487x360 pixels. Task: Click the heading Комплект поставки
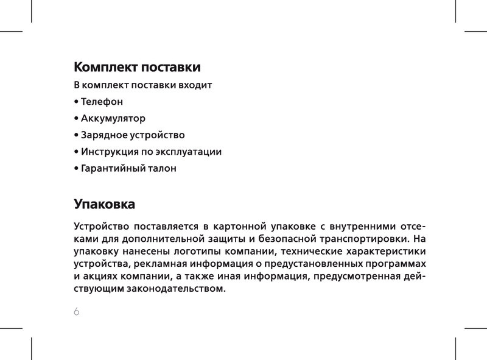coord(137,66)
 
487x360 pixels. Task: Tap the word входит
coord(193,85)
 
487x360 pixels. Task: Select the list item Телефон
coord(102,101)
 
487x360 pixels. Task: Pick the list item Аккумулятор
coord(113,118)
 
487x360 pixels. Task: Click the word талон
coord(162,168)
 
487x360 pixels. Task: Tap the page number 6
coord(77,312)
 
